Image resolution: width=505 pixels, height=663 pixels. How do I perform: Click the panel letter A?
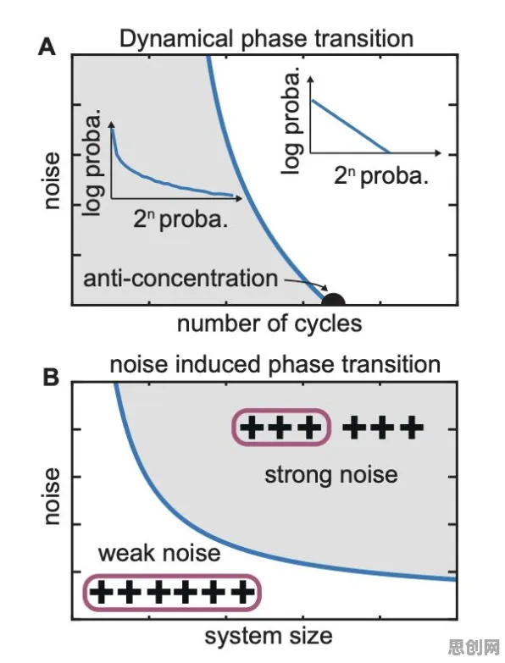point(47,47)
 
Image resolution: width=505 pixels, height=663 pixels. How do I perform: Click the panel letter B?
point(51,377)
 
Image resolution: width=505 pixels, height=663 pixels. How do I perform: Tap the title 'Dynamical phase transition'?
point(266,39)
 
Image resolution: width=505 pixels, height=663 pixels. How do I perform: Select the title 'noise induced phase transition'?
point(275,364)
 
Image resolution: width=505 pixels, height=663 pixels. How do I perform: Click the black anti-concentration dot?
point(333,300)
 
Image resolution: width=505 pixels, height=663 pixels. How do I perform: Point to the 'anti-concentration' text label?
point(180,279)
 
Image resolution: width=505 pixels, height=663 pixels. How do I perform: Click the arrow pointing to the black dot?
point(305,285)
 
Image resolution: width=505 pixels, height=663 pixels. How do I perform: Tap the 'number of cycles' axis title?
point(269,324)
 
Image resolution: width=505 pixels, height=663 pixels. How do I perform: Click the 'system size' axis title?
point(269,637)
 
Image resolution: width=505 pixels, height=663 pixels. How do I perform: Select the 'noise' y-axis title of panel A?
point(52,181)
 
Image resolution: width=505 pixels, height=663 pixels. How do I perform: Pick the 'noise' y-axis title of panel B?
point(52,496)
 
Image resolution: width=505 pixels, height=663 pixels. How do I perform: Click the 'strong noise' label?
point(331,474)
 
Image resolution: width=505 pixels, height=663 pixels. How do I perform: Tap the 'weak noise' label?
point(159,553)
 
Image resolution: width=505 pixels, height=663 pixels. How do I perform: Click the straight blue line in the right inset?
point(350,126)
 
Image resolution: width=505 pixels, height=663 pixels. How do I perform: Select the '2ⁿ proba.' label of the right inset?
point(381,176)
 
